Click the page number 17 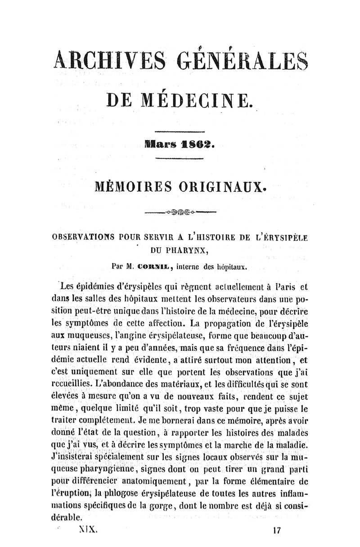(x=277, y=530)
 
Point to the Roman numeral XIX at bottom (x=85, y=529)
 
